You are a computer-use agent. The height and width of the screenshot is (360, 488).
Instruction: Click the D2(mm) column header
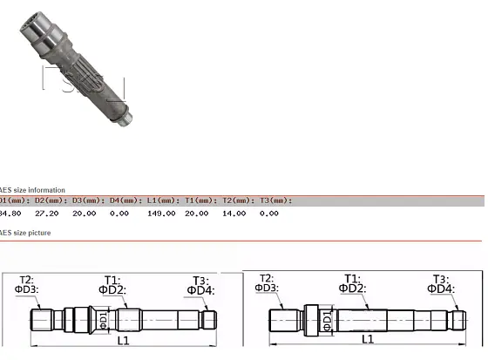tap(45, 200)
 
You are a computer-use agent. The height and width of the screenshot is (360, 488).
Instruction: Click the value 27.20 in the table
tap(46, 213)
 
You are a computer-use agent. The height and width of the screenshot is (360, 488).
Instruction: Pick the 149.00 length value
tap(161, 213)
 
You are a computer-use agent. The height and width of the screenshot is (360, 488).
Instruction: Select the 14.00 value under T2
tap(234, 213)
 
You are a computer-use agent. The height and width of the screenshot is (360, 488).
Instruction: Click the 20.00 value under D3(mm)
tap(84, 213)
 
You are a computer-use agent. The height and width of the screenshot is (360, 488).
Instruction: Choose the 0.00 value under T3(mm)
tap(269, 213)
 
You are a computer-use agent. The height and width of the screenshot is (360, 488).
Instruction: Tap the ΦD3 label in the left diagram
tap(26, 289)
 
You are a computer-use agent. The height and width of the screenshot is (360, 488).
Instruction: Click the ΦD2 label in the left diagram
tap(111, 289)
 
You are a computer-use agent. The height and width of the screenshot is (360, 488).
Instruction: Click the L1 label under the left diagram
tap(123, 340)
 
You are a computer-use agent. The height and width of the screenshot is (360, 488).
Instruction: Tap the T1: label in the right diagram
tap(352, 279)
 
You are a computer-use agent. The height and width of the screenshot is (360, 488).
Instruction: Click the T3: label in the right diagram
tap(441, 279)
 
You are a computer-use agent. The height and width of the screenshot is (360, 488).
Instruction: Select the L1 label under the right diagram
tap(368, 339)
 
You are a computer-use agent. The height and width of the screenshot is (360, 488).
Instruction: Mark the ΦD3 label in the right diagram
tap(267, 288)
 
